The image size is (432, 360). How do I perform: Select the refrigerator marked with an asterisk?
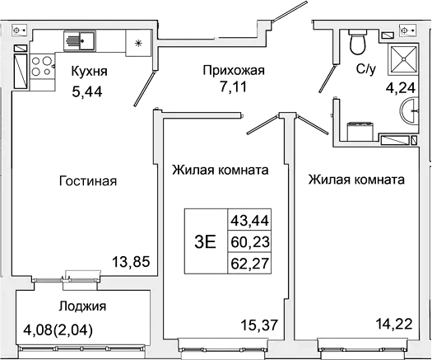[x=137, y=40]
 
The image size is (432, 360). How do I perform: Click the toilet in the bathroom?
[x=357, y=40]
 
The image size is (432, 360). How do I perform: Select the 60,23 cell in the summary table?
[x=253, y=241]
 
